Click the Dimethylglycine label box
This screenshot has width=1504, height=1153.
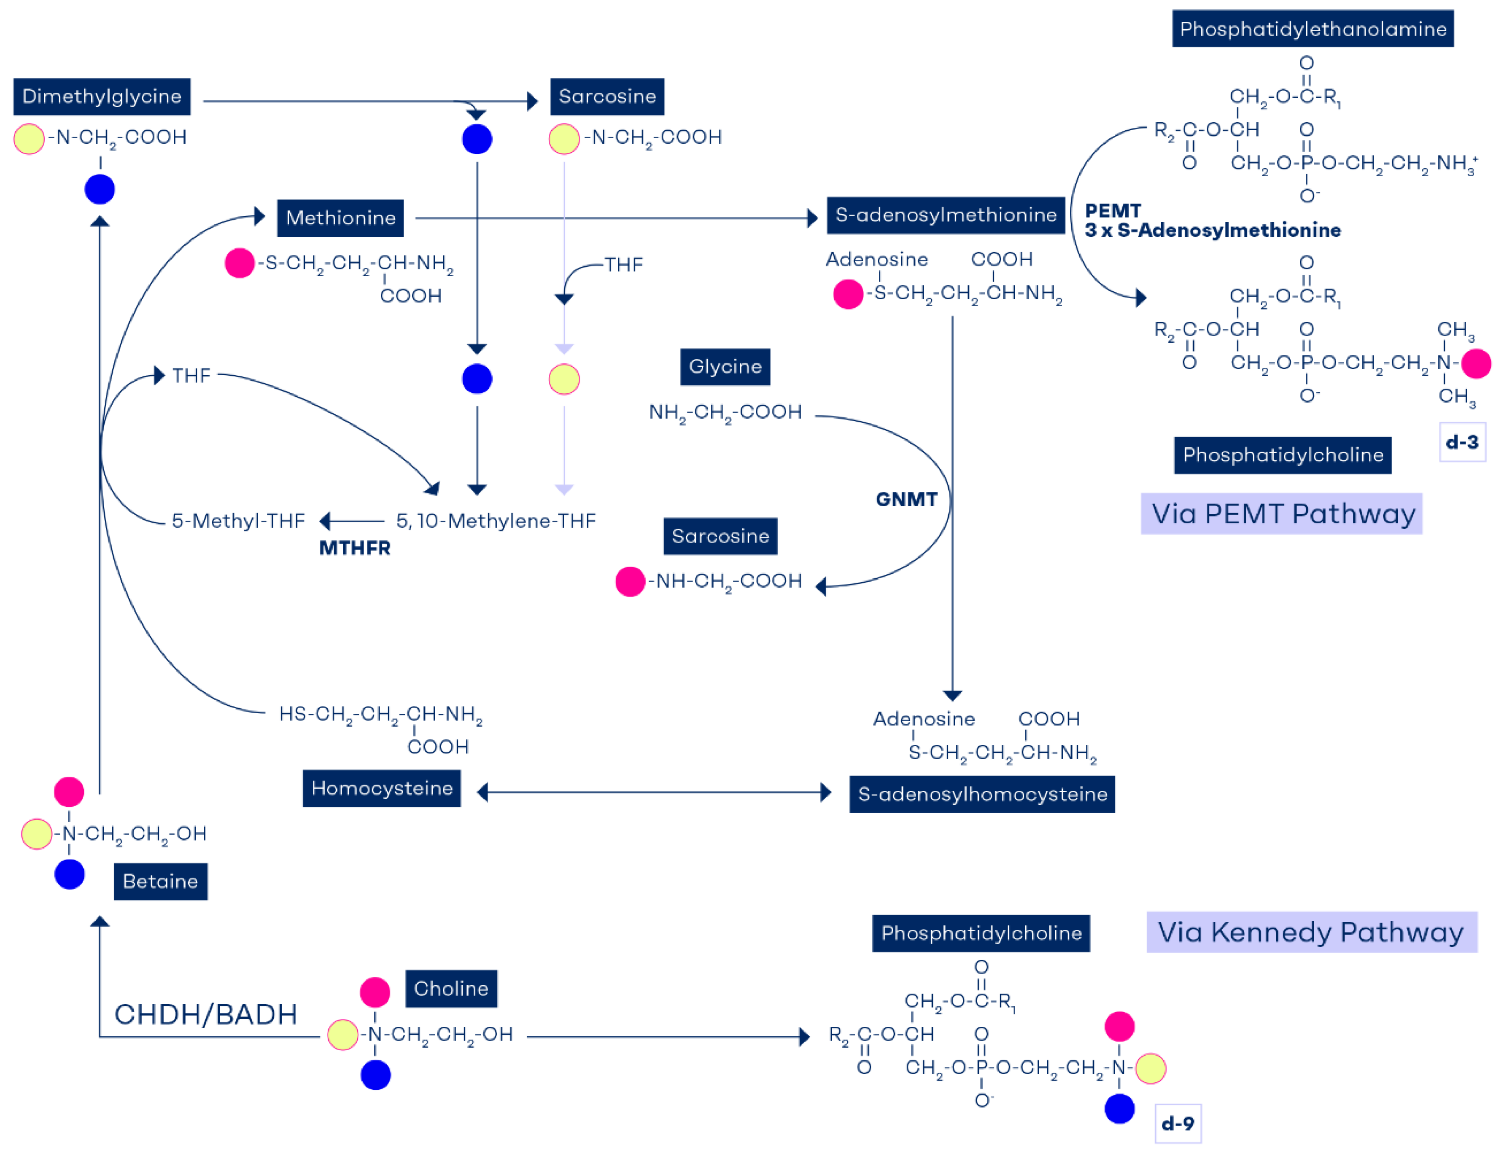coord(102,97)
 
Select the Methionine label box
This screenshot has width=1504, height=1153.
coord(340,218)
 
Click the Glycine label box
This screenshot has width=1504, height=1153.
coord(725,366)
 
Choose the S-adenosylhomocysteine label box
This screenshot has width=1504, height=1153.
coord(981,794)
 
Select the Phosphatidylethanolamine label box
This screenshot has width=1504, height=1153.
coord(1313,29)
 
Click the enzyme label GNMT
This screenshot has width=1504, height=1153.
coord(906,499)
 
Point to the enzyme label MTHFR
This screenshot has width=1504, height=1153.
coord(355,548)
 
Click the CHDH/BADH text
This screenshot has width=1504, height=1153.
coord(205,1014)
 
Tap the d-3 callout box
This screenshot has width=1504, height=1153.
coord(1462,442)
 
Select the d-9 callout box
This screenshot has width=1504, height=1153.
coord(1178,1123)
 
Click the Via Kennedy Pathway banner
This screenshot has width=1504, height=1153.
coord(1311,932)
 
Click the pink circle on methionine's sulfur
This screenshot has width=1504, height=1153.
coord(240,263)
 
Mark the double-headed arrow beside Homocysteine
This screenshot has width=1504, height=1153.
coord(653,792)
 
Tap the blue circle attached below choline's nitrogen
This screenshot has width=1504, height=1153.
coord(375,1075)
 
